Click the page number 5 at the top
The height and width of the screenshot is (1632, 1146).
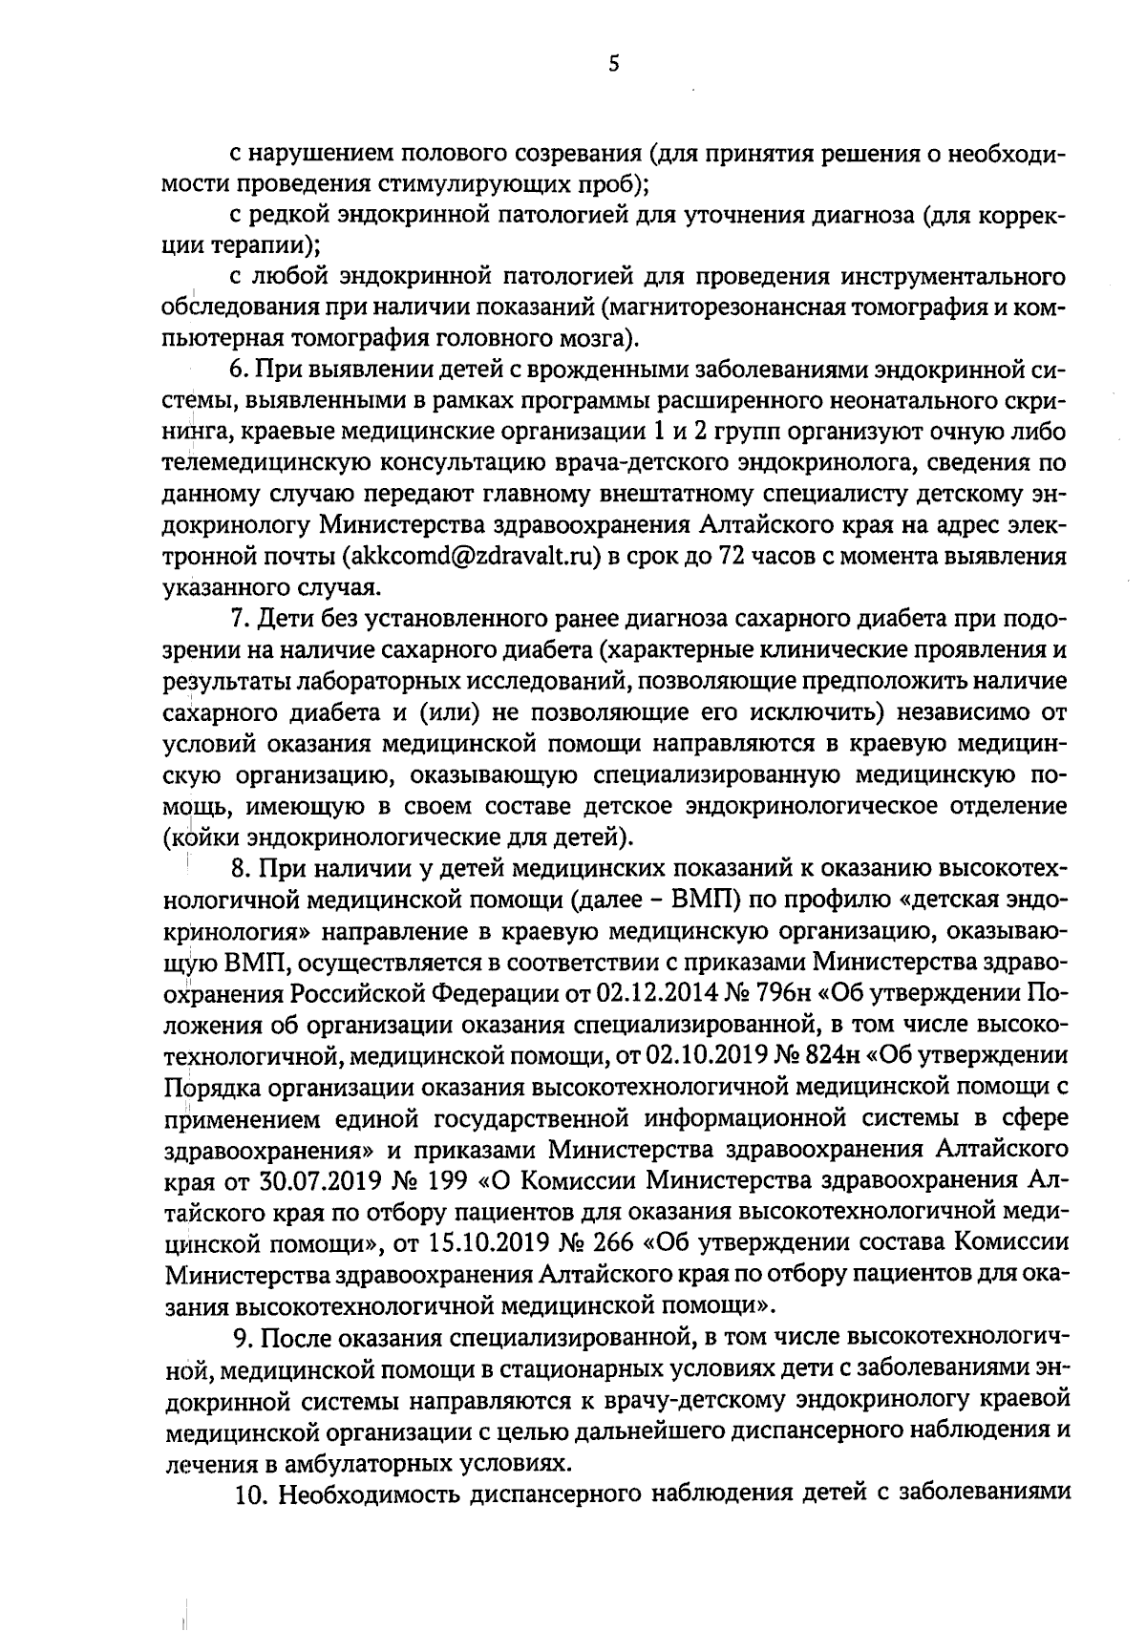click(586, 64)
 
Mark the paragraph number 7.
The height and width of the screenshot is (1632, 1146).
click(240, 620)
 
